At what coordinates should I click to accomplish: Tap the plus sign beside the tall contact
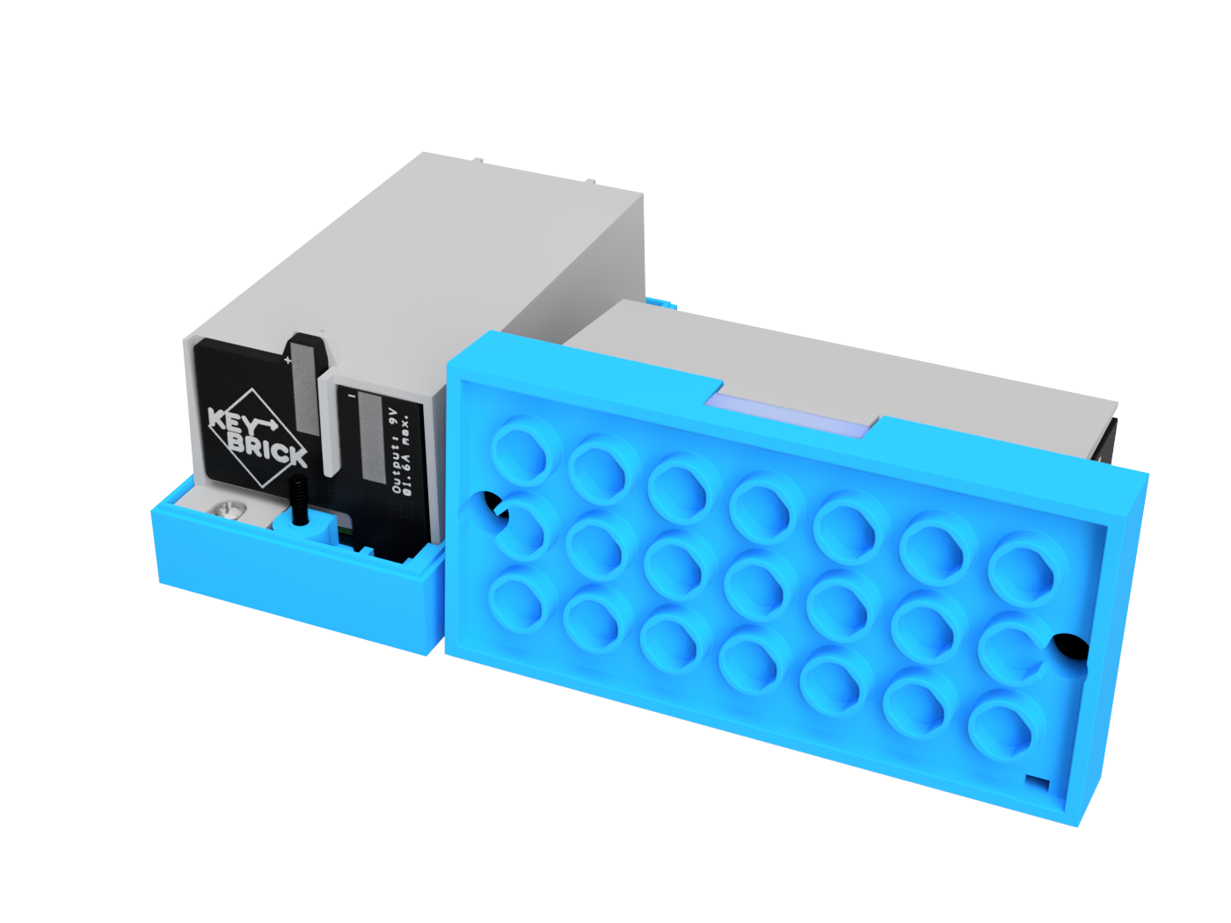point(288,360)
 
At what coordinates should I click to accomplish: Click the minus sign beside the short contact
point(352,396)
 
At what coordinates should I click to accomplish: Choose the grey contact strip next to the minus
point(370,437)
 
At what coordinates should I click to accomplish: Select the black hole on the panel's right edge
point(1068,647)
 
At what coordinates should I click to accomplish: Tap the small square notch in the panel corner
point(1038,782)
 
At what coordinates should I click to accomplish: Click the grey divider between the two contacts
point(330,422)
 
